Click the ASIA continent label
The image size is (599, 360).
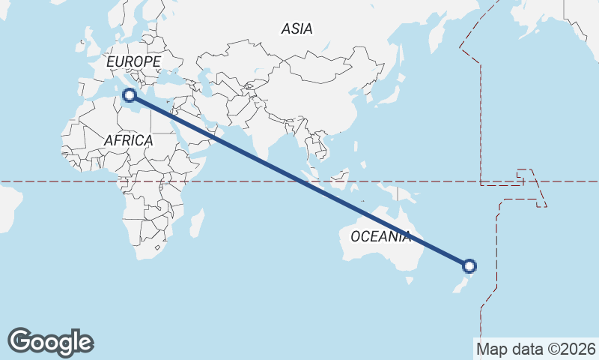click(x=297, y=29)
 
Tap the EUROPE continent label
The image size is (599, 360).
click(x=134, y=61)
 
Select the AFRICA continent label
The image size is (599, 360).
click(x=128, y=140)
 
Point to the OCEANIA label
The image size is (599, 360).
click(x=381, y=237)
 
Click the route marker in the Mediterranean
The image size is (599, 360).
click(x=130, y=95)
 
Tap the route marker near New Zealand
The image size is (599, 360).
click(x=469, y=265)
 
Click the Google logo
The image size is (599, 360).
click(x=50, y=342)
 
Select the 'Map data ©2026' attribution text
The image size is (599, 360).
click(x=536, y=349)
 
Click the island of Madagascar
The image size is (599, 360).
click(x=196, y=223)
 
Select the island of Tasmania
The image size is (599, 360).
click(x=410, y=280)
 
